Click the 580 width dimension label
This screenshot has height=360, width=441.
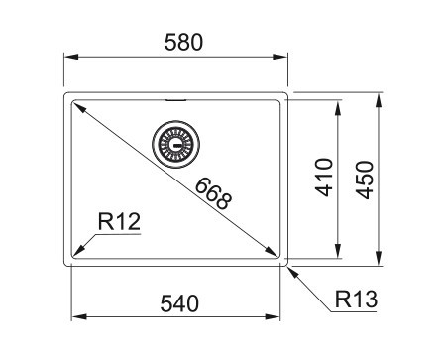tap(183, 43)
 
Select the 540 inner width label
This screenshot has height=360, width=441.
tap(179, 303)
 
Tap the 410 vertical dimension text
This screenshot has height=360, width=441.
tap(324, 178)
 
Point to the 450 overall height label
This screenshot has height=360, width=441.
tap(364, 180)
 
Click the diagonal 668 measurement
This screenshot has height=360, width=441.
tap(213, 193)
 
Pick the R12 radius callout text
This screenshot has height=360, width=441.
tap(119, 221)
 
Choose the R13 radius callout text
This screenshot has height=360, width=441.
tap(356, 300)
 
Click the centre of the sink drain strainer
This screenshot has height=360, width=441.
tap(175, 144)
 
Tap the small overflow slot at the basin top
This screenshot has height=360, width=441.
tap(175, 99)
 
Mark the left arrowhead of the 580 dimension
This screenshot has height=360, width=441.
tap(71, 57)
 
